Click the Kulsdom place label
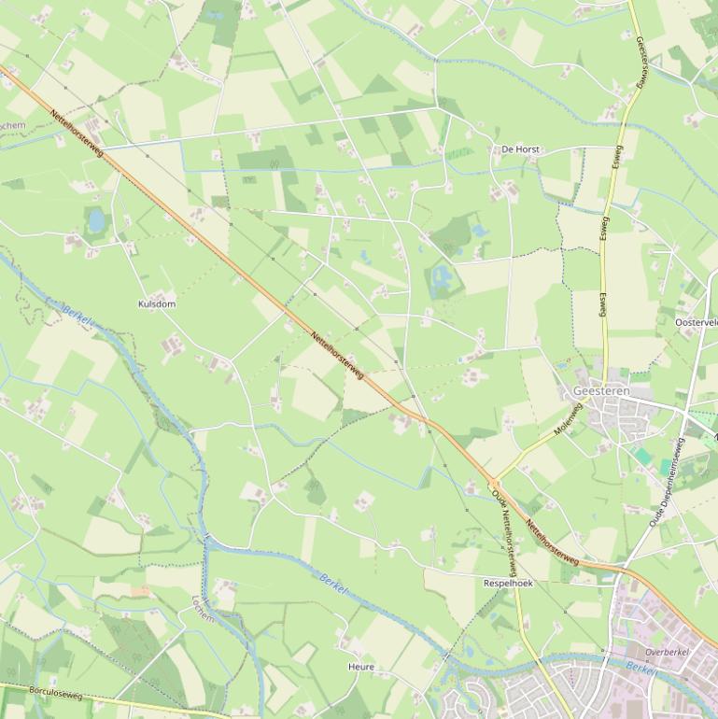157,304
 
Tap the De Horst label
520,149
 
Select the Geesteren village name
601,391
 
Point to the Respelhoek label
508,584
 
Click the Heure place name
361,667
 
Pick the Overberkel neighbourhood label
667,652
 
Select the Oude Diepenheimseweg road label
667,482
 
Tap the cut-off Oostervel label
697,322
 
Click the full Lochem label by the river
203,609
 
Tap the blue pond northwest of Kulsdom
96,220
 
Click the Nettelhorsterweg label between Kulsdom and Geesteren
337,356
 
